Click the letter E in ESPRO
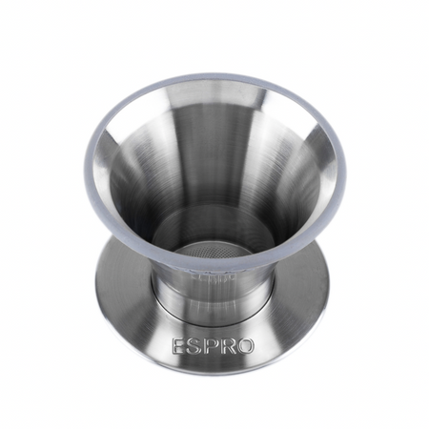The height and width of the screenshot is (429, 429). click(x=177, y=346)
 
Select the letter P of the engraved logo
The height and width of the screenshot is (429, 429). click(x=206, y=346)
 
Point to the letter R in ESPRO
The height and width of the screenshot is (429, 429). click(x=223, y=346)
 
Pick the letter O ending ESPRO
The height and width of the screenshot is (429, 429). click(x=243, y=346)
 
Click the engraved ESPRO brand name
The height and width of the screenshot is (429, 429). click(x=213, y=346)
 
